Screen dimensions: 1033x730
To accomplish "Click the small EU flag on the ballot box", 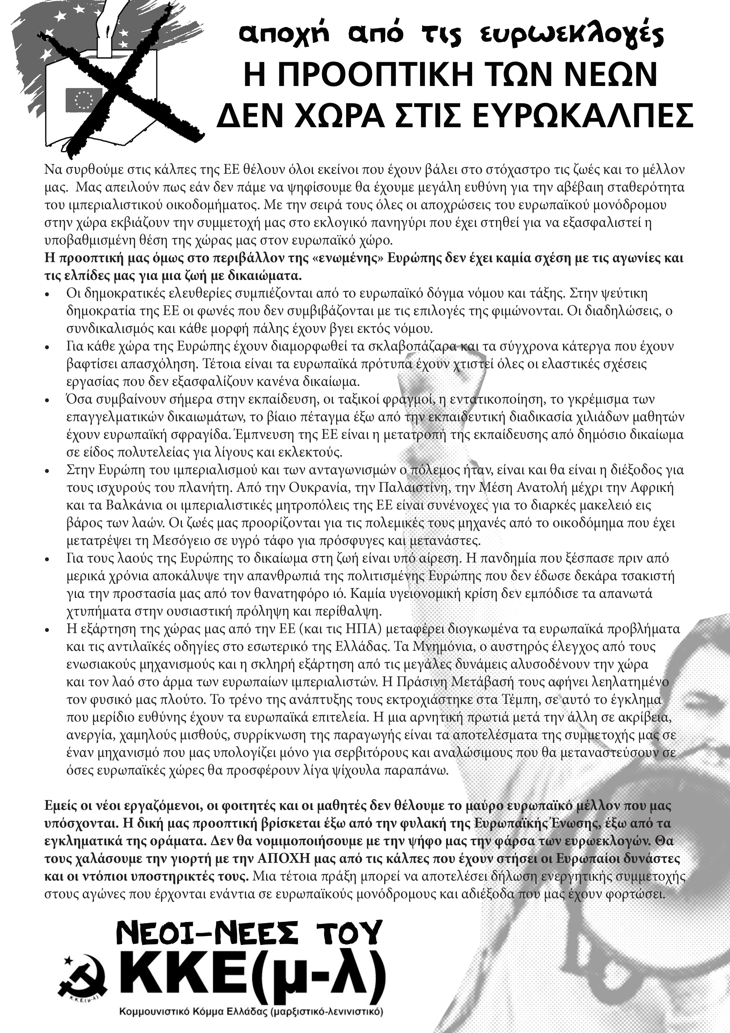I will (x=84, y=100).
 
